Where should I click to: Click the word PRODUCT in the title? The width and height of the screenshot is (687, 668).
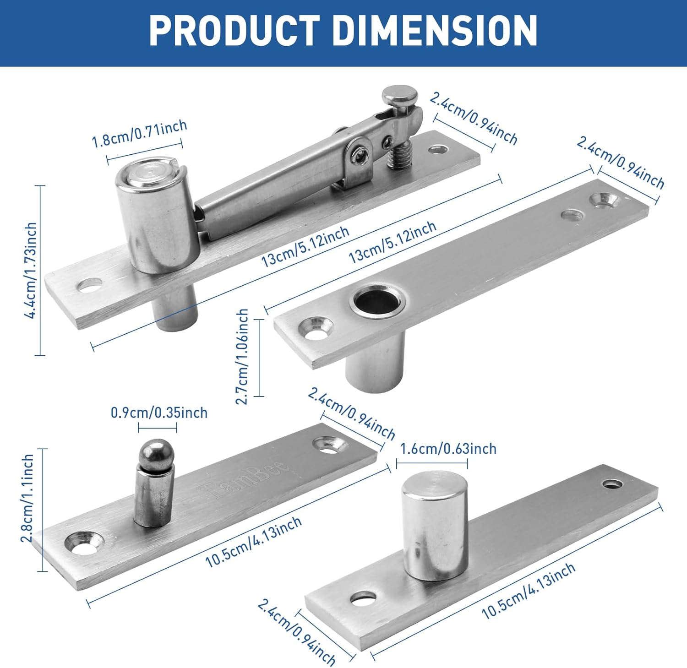point(234,31)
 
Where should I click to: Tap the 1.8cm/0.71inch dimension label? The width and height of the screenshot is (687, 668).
point(139,134)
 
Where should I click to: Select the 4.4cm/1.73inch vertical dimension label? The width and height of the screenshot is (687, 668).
point(31,270)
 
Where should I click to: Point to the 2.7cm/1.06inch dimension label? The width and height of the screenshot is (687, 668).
point(242,357)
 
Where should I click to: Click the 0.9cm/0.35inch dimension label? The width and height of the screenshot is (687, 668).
point(159,413)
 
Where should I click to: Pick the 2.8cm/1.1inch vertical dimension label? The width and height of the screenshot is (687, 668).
point(27,498)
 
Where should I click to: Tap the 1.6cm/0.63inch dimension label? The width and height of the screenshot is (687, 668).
point(448,449)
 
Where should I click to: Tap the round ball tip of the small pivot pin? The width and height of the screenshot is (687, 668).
point(157,452)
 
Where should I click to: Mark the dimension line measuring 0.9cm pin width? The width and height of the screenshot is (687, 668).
point(158,428)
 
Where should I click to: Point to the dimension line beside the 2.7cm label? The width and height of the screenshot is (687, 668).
point(259,358)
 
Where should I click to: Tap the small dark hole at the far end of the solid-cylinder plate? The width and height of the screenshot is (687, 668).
point(613,483)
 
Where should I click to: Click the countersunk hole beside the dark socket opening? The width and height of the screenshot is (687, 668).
point(316,328)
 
